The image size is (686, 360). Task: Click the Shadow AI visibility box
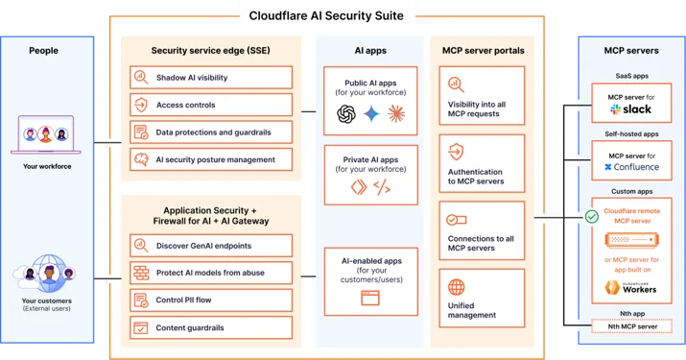click(x=211, y=78)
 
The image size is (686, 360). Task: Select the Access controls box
click(x=211, y=105)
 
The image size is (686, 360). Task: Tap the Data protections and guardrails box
click(x=211, y=132)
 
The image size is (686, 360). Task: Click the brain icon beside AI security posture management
click(x=141, y=159)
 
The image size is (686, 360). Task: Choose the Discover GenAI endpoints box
click(x=211, y=245)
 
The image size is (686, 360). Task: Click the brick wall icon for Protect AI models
click(x=141, y=273)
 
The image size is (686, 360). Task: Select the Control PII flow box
click(x=211, y=300)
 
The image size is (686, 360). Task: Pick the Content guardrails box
click(x=211, y=327)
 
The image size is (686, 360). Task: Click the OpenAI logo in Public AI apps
click(x=346, y=114)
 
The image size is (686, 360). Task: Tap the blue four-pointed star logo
click(x=371, y=114)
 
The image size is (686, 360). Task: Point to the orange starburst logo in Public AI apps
click(x=396, y=114)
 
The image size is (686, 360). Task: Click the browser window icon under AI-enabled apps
click(x=370, y=298)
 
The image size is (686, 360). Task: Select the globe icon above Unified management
click(x=457, y=287)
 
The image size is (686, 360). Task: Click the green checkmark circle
click(x=592, y=216)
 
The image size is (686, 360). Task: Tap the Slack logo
click(x=630, y=109)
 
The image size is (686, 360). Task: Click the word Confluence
click(x=636, y=167)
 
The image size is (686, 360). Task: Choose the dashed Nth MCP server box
click(x=631, y=326)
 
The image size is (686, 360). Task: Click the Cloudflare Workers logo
click(x=630, y=287)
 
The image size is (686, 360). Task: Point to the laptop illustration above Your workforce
click(x=46, y=135)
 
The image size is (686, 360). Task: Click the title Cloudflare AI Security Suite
click(x=326, y=15)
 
